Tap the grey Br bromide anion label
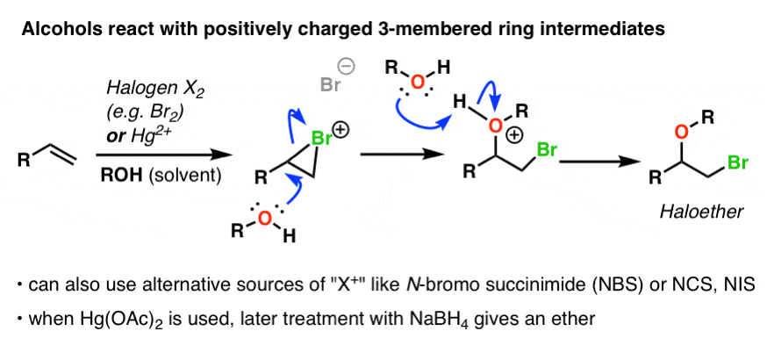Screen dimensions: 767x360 [331, 85]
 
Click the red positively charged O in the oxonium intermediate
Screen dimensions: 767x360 [495, 126]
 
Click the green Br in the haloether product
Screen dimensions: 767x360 [736, 162]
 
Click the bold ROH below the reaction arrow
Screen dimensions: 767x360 [118, 175]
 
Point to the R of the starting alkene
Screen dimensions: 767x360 [23, 161]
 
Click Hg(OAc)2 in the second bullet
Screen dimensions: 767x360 [107, 320]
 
